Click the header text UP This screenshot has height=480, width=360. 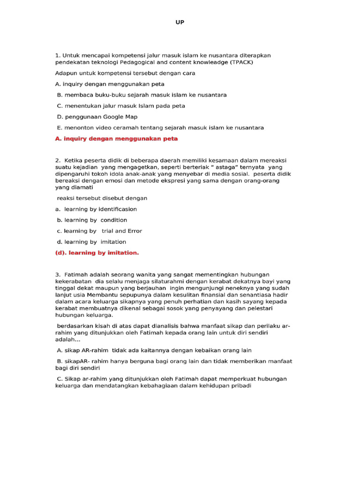[x=180, y=22]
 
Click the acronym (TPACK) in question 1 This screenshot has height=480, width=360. [x=244, y=62]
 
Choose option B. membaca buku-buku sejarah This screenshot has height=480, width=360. [x=142, y=95]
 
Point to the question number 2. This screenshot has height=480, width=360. [x=58, y=160]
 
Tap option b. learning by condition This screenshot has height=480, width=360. [x=92, y=220]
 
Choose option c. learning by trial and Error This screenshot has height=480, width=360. [x=99, y=231]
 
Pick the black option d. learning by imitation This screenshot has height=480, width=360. [x=92, y=242]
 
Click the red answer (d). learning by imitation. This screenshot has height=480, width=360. [x=97, y=253]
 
